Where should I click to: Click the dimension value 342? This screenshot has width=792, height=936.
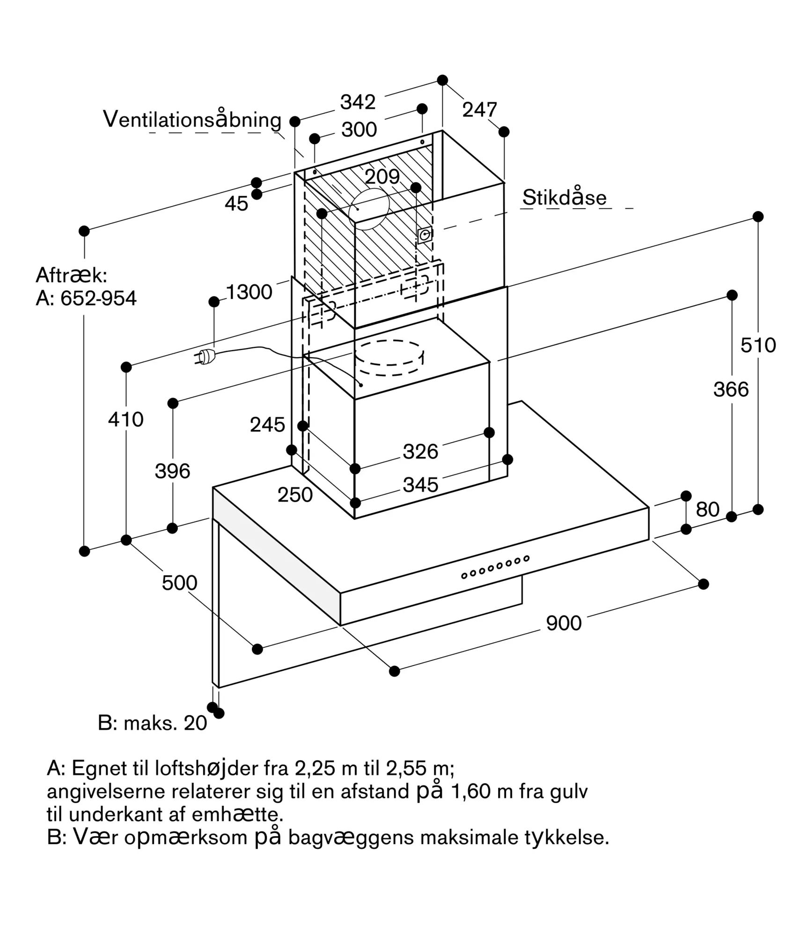tap(358, 102)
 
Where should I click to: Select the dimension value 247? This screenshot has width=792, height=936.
tap(479, 110)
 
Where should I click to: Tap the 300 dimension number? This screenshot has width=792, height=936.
tap(359, 130)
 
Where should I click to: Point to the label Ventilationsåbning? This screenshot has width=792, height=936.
tap(192, 119)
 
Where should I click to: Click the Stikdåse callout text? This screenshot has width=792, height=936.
tap(565, 197)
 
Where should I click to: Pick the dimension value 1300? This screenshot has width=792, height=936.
tap(249, 292)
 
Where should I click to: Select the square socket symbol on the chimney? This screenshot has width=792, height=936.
tap(425, 235)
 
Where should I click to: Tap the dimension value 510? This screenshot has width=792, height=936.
tap(758, 345)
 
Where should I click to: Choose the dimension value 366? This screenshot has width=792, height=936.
tap(731, 389)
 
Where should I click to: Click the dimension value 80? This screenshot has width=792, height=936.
tap(707, 510)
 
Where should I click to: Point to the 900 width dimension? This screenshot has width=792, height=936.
tap(564, 623)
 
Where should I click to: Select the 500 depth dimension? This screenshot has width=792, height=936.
tap(180, 583)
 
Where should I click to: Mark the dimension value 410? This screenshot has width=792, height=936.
tap(126, 419)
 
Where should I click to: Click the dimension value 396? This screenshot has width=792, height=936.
tap(173, 471)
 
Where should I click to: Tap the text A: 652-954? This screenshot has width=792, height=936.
tap(86, 298)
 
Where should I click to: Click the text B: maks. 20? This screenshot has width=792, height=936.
tap(153, 723)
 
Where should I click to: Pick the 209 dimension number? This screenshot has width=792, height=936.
tap(382, 177)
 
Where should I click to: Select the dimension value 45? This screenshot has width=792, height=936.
tap(236, 204)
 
